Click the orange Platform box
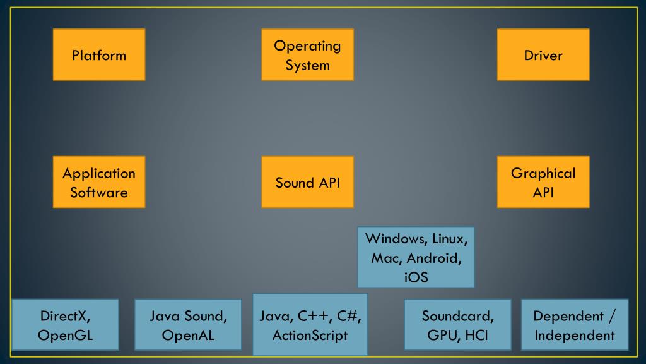click(x=99, y=54)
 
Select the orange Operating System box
click(x=307, y=54)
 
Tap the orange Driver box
click(x=543, y=54)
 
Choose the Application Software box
click(x=99, y=182)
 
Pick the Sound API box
click(x=307, y=182)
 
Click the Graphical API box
click(x=543, y=182)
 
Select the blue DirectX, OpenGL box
click(x=65, y=325)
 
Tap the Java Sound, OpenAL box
click(x=188, y=325)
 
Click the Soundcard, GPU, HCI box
click(x=458, y=325)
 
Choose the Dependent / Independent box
click(x=575, y=325)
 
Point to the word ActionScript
click(x=310, y=336)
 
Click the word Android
click(x=434, y=258)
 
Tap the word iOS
click(x=416, y=277)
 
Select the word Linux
click(x=450, y=239)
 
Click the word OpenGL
click(x=65, y=336)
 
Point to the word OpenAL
click(x=188, y=336)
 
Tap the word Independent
click(x=575, y=336)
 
